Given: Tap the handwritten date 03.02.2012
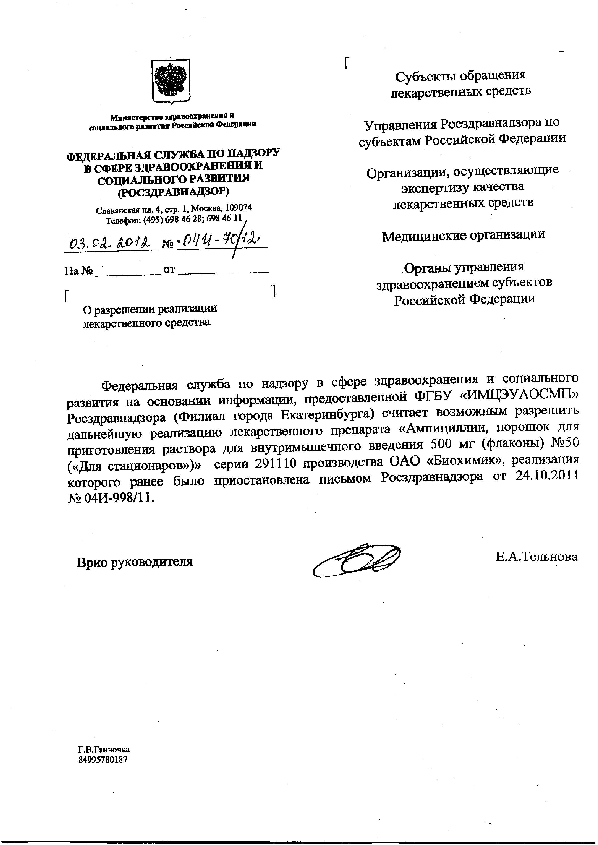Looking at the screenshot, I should (x=111, y=243).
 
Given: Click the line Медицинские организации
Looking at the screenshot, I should (x=463, y=235).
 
